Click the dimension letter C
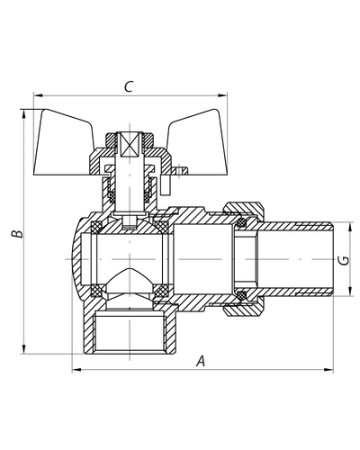129,86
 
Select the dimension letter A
201,361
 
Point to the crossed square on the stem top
130,145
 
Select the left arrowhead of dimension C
38,95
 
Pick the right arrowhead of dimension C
223,95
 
